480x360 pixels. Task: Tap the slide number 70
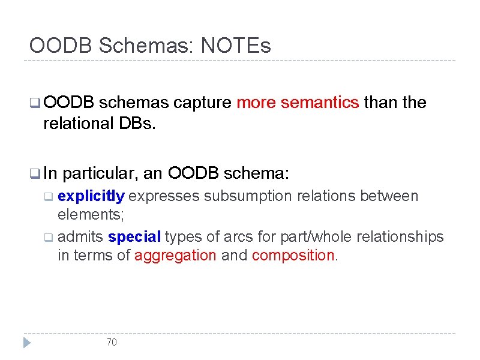point(112,342)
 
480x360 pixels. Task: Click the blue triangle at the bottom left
point(26,343)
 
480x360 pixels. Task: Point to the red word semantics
point(320,103)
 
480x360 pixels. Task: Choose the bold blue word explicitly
point(91,196)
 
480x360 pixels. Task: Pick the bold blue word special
point(135,236)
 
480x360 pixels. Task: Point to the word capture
point(202,103)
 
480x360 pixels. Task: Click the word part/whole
point(316,236)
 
